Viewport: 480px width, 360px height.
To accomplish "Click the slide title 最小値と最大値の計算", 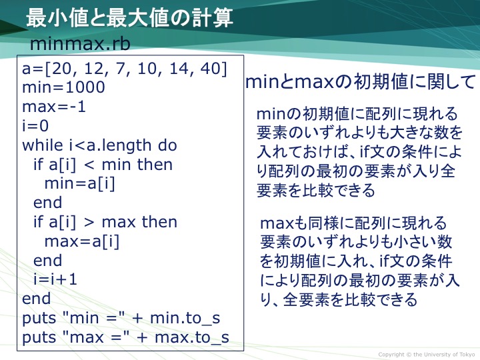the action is point(129,18).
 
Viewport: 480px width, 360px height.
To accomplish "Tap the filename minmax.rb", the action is point(80,44).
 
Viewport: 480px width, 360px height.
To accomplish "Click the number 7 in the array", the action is point(120,68).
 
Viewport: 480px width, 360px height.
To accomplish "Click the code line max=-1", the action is point(53,107).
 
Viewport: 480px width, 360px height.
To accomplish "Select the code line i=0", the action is point(35,126).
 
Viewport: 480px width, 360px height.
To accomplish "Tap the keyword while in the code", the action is point(42,145).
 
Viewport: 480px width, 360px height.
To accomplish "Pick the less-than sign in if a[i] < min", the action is point(89,165).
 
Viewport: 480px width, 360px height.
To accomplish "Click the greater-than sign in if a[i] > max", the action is point(89,223).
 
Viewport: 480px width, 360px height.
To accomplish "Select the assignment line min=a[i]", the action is point(79,184).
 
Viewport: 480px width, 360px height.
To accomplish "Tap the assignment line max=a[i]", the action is point(82,242).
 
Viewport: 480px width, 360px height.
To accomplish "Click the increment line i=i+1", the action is point(55,280).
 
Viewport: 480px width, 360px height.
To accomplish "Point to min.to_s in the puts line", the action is point(185,319).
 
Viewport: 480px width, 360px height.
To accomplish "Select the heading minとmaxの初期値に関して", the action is point(360,82).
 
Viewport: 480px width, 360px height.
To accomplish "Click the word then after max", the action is point(159,222).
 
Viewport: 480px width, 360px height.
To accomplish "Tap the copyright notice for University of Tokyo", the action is point(427,355).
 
